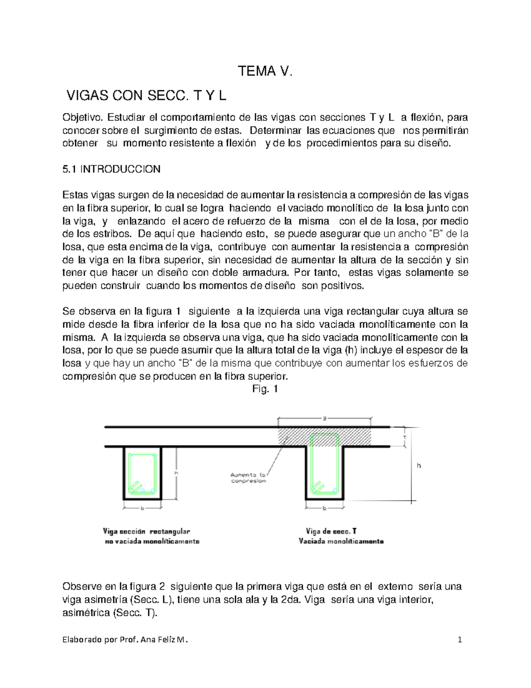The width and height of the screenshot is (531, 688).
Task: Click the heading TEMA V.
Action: [265, 71]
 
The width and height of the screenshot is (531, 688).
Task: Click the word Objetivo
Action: [82, 117]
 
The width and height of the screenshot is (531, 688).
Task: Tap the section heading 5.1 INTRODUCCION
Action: [112, 169]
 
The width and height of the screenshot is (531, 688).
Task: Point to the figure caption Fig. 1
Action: [265, 389]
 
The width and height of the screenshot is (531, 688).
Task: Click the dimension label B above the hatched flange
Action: [324, 418]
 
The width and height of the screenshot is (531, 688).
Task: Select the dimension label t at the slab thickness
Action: [404, 437]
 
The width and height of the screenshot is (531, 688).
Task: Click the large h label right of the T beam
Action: [419, 466]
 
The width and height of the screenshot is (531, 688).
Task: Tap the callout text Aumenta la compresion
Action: [248, 478]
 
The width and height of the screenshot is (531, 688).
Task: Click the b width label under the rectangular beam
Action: [142, 508]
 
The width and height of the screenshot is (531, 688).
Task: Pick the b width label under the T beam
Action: [324, 508]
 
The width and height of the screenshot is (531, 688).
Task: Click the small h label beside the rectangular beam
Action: [176, 473]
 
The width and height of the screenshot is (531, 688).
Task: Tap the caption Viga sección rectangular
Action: [146, 531]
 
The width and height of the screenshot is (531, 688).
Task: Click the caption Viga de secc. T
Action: [331, 531]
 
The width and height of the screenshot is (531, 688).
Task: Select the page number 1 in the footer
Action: [460, 640]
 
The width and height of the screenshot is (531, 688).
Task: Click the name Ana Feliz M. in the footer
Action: [163, 640]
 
